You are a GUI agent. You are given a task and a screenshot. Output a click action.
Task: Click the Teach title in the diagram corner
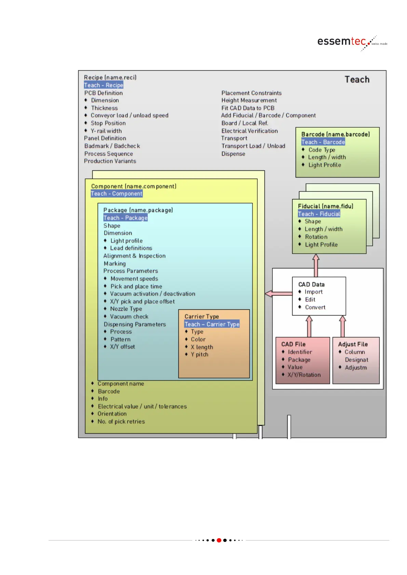coord(357,80)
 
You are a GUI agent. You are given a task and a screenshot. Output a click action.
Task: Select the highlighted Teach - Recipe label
coord(104,85)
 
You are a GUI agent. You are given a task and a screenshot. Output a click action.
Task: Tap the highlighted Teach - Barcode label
coord(323,142)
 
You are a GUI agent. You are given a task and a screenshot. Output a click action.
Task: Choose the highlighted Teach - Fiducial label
coord(319,214)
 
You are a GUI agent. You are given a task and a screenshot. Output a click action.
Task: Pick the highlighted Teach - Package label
coord(125,218)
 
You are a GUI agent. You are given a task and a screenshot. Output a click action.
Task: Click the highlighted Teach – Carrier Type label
coord(212,324)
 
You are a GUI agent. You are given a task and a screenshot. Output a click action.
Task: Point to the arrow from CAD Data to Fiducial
coord(316,265)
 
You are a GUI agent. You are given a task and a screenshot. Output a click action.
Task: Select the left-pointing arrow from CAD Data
coord(278,294)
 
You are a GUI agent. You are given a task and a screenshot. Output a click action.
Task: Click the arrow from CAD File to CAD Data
coord(309,326)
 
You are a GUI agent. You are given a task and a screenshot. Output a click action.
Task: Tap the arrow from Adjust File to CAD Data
coord(342,326)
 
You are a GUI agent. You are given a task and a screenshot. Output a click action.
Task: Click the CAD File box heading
coord(293,344)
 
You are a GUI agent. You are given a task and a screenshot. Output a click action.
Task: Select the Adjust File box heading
coord(353,344)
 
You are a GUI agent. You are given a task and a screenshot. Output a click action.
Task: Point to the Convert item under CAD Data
coord(315,307)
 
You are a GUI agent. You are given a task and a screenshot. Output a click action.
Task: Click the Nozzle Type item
coord(126,309)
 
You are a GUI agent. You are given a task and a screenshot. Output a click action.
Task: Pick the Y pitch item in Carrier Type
coord(200,354)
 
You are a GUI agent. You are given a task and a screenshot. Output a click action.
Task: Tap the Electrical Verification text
coord(249,131)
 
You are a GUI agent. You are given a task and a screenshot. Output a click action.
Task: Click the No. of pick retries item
coord(121,421)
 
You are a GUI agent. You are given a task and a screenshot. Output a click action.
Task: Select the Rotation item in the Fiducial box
coord(316,237)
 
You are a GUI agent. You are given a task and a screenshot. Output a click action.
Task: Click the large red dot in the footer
coord(219,540)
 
